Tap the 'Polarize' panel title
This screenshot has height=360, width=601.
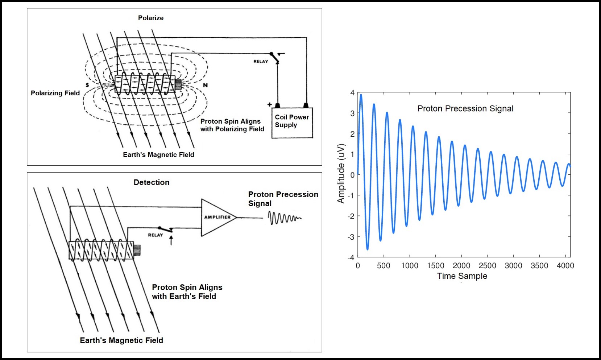point(151,18)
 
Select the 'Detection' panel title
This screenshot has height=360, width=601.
point(152,182)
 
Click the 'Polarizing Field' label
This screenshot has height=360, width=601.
point(55,93)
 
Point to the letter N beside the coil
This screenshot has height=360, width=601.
point(205,85)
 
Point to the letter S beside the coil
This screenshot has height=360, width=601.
point(87,85)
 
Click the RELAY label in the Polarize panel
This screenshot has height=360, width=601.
point(261,62)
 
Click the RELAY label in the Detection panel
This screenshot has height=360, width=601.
point(156,235)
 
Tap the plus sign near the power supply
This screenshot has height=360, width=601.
point(269,104)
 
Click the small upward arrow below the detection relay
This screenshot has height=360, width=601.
point(171,240)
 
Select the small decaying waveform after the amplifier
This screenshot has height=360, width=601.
point(284,218)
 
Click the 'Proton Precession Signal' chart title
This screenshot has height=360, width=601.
point(465,108)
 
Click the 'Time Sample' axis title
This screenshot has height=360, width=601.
point(462,276)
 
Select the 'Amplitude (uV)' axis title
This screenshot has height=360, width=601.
point(341,174)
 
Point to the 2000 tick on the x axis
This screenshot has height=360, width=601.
point(461,266)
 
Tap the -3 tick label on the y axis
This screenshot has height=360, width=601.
point(351,237)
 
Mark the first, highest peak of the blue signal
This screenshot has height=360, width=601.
point(361,95)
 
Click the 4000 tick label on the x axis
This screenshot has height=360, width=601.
point(565,266)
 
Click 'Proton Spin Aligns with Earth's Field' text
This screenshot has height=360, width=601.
point(187,292)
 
